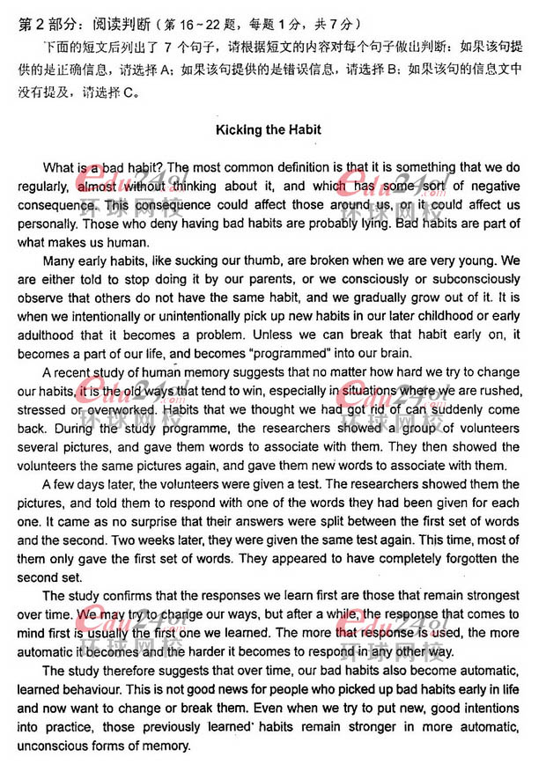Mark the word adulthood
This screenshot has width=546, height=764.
[73, 334]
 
